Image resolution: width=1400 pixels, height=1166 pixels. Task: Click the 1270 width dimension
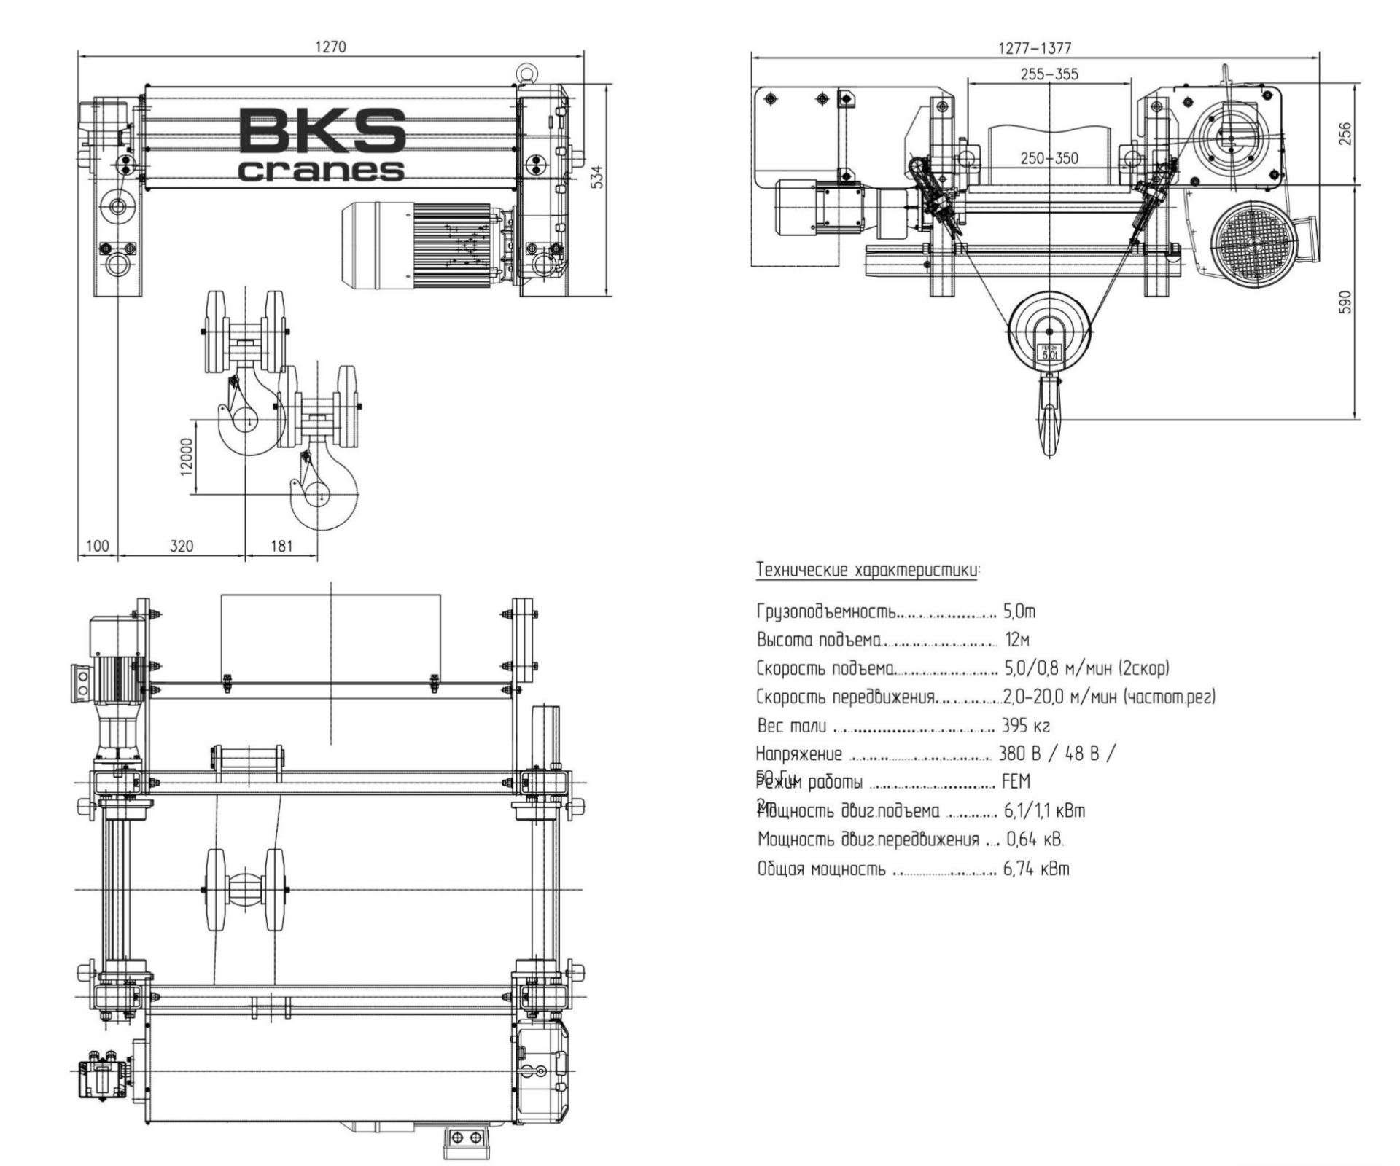click(330, 47)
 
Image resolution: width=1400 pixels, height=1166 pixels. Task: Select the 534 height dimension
click(597, 177)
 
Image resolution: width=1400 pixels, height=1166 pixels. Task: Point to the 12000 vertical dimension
click(187, 457)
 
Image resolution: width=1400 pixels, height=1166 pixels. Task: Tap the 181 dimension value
click(281, 546)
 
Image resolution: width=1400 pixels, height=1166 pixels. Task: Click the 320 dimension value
click(182, 546)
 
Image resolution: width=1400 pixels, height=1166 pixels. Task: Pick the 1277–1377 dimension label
click(1035, 48)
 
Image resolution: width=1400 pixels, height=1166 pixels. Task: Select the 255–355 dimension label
click(1049, 74)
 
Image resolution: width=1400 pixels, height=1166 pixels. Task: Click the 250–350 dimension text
click(1049, 158)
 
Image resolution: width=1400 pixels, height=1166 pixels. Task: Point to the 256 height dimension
click(1346, 133)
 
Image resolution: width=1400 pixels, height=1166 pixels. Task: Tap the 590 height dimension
click(1346, 302)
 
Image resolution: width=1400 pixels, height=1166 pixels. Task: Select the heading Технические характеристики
click(868, 570)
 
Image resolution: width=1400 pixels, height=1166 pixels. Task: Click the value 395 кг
click(1026, 726)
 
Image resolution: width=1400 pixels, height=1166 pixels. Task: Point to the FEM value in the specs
click(1016, 782)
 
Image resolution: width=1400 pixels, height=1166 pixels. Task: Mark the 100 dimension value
click(97, 546)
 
